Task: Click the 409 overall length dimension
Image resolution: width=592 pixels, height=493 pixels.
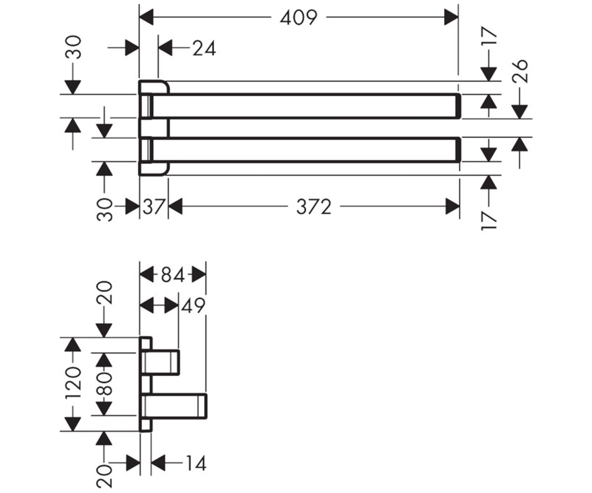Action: coord(298,18)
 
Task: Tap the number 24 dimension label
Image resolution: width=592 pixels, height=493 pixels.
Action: coord(204,48)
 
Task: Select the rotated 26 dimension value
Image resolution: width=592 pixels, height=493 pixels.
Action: coord(520,71)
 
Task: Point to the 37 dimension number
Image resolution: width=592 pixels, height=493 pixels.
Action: coord(153,207)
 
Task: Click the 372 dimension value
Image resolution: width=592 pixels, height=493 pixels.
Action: coord(314,207)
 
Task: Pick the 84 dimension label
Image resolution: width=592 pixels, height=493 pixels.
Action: coord(173,275)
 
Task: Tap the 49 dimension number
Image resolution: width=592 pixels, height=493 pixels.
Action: coord(193,306)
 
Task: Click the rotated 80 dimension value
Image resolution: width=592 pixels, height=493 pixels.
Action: coord(105,384)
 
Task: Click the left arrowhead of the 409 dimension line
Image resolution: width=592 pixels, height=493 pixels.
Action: coord(147,17)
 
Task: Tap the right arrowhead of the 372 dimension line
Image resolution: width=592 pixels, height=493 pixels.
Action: coord(452,207)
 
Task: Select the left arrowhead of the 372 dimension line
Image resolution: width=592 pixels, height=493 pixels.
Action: coord(175,207)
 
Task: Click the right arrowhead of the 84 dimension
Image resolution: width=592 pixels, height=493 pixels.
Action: coord(199,275)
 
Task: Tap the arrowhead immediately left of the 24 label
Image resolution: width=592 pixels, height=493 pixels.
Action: coord(165,48)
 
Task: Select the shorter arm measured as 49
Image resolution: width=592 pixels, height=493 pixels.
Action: coord(160,363)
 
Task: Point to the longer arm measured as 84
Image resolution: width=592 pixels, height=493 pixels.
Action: coord(174,406)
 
